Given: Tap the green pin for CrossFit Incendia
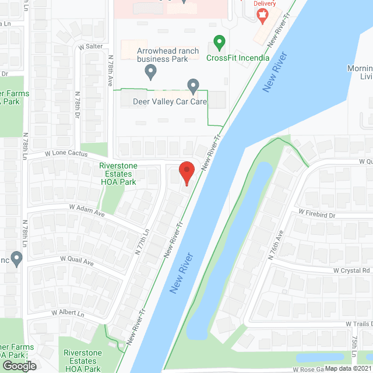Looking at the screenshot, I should point(219,43).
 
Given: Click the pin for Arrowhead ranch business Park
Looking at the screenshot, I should point(151,72).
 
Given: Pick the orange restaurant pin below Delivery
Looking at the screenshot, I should point(262,16).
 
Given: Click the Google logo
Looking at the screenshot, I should point(19,365).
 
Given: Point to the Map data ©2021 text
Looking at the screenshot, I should point(348,368).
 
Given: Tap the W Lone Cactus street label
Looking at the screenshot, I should point(66,154).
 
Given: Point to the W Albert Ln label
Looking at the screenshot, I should point(68,313).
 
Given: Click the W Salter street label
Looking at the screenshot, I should point(90,47).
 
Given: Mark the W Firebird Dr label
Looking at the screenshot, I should point(317,215).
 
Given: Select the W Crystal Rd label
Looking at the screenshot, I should point(352,270).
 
